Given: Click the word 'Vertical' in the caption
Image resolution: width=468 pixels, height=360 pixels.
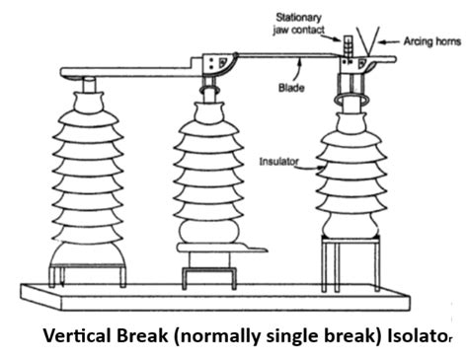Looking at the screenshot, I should pyautogui.click(x=74, y=334).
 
